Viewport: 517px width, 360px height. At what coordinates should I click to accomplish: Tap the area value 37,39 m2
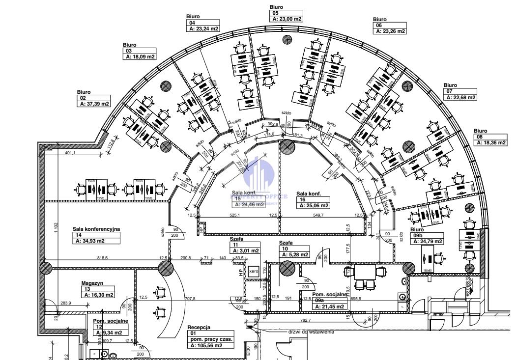point(93,104)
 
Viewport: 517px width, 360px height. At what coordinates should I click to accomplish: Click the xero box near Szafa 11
point(254,271)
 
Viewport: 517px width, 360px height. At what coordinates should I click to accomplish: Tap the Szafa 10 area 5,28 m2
point(294,254)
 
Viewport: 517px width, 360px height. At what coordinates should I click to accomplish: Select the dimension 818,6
point(102,257)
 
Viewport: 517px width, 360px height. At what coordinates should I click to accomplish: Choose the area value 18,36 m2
point(490,142)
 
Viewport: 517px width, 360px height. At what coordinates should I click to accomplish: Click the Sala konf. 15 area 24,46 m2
point(249,204)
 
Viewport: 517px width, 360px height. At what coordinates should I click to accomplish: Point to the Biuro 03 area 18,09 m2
point(140,56)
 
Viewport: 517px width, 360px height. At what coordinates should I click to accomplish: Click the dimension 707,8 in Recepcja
point(190,298)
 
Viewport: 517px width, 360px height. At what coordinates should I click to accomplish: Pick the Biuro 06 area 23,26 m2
point(390,31)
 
